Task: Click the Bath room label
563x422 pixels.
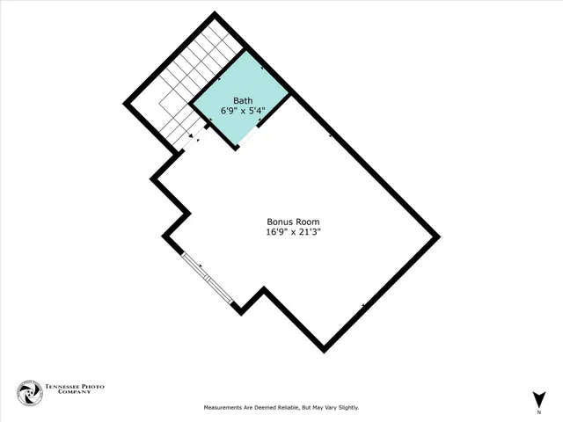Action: (x=242, y=101)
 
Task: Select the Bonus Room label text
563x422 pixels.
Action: (x=293, y=222)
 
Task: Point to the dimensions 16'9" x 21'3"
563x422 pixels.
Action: (x=293, y=233)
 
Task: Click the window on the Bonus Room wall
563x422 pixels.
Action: (x=208, y=280)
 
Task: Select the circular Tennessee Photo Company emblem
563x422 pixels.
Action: (x=29, y=393)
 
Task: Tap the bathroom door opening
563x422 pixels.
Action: (x=248, y=140)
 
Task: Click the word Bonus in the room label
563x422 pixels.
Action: (x=280, y=222)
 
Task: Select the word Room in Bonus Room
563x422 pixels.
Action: (x=307, y=222)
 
